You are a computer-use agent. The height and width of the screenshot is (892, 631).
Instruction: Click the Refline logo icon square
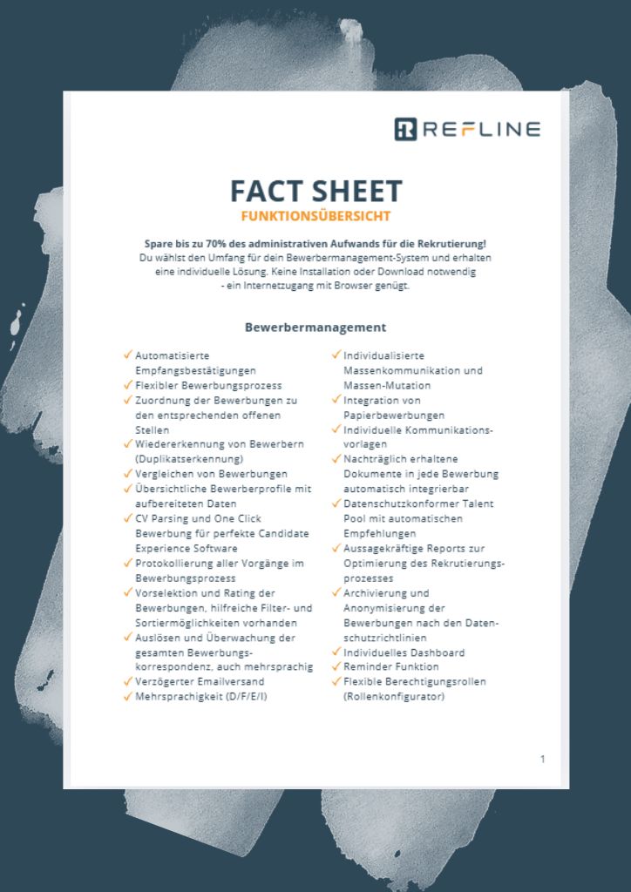[406, 129]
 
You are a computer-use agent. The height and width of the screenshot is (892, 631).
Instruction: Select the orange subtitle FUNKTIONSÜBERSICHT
[315, 215]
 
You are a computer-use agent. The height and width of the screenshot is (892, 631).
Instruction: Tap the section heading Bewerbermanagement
[315, 328]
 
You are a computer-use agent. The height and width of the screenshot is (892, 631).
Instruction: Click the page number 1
[542, 759]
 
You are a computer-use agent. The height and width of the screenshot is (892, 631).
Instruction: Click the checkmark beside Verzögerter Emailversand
[127, 680]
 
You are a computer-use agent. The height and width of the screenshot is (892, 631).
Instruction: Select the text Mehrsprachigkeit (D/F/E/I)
[200, 696]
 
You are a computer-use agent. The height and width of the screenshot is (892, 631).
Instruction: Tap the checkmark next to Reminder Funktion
[336, 666]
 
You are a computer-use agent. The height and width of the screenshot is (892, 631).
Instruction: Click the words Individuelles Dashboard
[404, 652]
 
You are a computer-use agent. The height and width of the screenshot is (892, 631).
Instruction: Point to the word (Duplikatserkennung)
[189, 458]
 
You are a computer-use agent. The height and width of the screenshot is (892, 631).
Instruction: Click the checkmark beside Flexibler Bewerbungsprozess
[127, 384]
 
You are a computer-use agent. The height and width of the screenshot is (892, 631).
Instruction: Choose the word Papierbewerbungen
[394, 415]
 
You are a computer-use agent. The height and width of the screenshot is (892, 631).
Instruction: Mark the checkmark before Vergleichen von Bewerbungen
[127, 473]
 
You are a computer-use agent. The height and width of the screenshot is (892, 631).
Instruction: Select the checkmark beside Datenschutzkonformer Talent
[336, 503]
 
